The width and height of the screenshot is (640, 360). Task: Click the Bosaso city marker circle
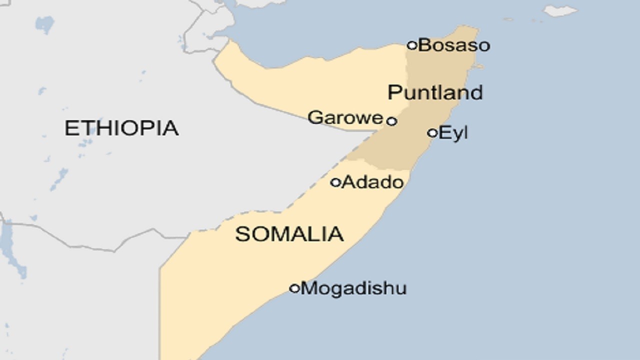pos(412,45)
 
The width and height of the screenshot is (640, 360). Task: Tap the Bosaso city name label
pos(454,45)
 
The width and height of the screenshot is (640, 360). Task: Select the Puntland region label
pos(435,92)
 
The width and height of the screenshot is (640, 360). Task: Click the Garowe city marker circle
pos(392,121)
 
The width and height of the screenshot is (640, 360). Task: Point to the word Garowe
pos(345,118)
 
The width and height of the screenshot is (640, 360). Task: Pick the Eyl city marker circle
pos(432,133)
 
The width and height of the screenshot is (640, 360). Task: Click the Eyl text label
pos(453,133)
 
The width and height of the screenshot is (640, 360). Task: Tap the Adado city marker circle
pos(335,182)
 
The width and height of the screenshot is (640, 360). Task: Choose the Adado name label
pos(372,182)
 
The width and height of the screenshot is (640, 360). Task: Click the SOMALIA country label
pos(289,234)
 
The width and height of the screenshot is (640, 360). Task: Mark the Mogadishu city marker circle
pos(294,288)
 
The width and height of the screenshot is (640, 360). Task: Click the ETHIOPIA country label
pos(121,128)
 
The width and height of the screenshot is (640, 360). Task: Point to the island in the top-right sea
pos(560,10)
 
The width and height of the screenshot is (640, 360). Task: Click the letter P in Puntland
pos(394,92)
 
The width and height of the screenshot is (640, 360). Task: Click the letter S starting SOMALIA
pos(242,234)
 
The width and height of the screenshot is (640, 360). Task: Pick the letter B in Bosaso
pos(424,45)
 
